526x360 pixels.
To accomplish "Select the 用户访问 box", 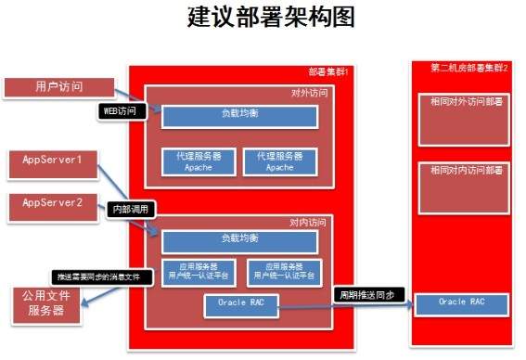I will (x=58, y=87).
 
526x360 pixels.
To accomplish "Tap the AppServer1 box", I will (x=54, y=161).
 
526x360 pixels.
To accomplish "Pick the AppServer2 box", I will (x=54, y=202).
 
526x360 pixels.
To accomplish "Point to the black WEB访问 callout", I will (x=123, y=110).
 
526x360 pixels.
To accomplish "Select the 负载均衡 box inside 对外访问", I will (x=240, y=117).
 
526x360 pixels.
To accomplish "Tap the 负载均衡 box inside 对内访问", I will (x=240, y=239).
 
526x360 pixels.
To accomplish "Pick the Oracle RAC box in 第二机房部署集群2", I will (x=461, y=302).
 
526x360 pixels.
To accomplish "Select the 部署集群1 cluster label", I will (x=329, y=72).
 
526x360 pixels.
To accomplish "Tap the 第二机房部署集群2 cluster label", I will (x=469, y=68).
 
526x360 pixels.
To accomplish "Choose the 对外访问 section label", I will (x=309, y=93).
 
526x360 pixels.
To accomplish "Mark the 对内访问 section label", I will (x=309, y=221).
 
